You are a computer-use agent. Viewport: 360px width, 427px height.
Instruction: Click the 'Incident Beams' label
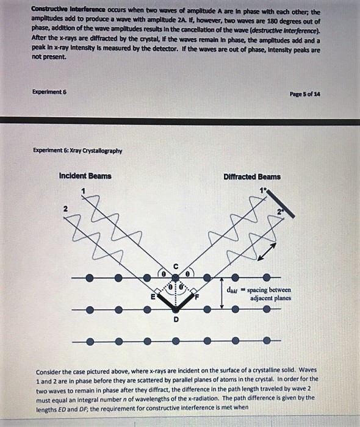pos(85,176)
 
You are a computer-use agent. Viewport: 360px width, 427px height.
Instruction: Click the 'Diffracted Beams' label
pos(252,177)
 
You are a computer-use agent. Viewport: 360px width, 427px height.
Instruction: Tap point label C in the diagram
pos(176,266)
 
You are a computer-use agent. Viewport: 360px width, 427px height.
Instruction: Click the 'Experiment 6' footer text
pos(50,91)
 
